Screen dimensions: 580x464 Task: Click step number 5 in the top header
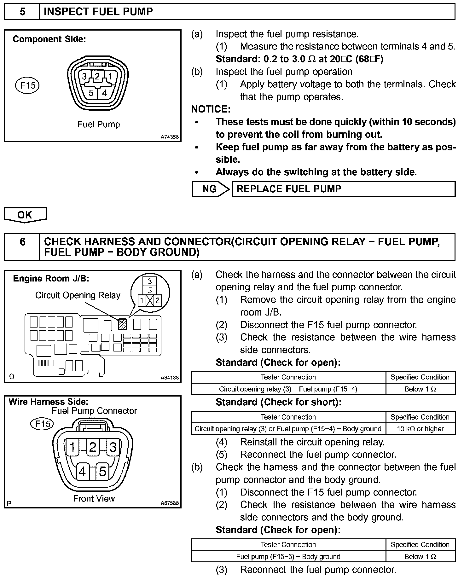22,12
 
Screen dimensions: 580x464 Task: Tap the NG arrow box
210,189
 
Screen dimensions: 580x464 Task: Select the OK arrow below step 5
25,215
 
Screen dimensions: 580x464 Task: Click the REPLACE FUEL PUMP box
343,189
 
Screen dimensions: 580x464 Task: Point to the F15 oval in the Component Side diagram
27,85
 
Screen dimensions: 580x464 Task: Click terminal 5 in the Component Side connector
91,93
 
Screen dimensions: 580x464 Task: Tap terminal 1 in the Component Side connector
110,77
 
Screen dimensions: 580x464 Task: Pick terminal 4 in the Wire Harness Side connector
83,472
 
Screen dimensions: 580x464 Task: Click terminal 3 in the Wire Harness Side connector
113,447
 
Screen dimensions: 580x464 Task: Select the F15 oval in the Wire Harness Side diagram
42,424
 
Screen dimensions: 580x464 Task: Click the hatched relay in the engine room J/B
122,324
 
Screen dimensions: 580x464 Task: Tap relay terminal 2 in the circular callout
158,300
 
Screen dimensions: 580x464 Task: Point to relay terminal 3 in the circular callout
150,281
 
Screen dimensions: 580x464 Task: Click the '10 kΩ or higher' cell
420,429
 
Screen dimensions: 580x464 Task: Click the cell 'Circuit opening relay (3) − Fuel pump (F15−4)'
288,389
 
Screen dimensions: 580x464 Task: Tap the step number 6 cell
22,242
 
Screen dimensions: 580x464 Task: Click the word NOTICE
211,109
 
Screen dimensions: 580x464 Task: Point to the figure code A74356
170,137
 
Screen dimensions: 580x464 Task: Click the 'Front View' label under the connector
94,498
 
